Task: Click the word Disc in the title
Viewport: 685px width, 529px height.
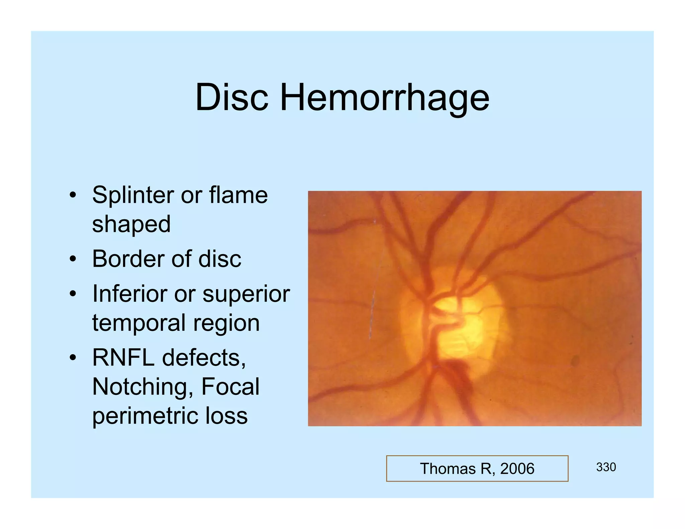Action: [231, 97]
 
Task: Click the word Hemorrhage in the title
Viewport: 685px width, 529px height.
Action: [384, 98]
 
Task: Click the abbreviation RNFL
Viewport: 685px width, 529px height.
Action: [123, 357]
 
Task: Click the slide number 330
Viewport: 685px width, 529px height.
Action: [606, 467]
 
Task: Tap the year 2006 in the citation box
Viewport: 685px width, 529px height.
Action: [517, 469]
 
